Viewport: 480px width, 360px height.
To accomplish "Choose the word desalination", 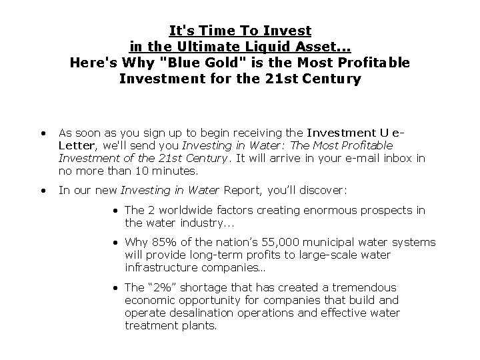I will click(193, 313).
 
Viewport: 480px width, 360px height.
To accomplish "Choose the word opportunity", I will click(205, 300).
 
